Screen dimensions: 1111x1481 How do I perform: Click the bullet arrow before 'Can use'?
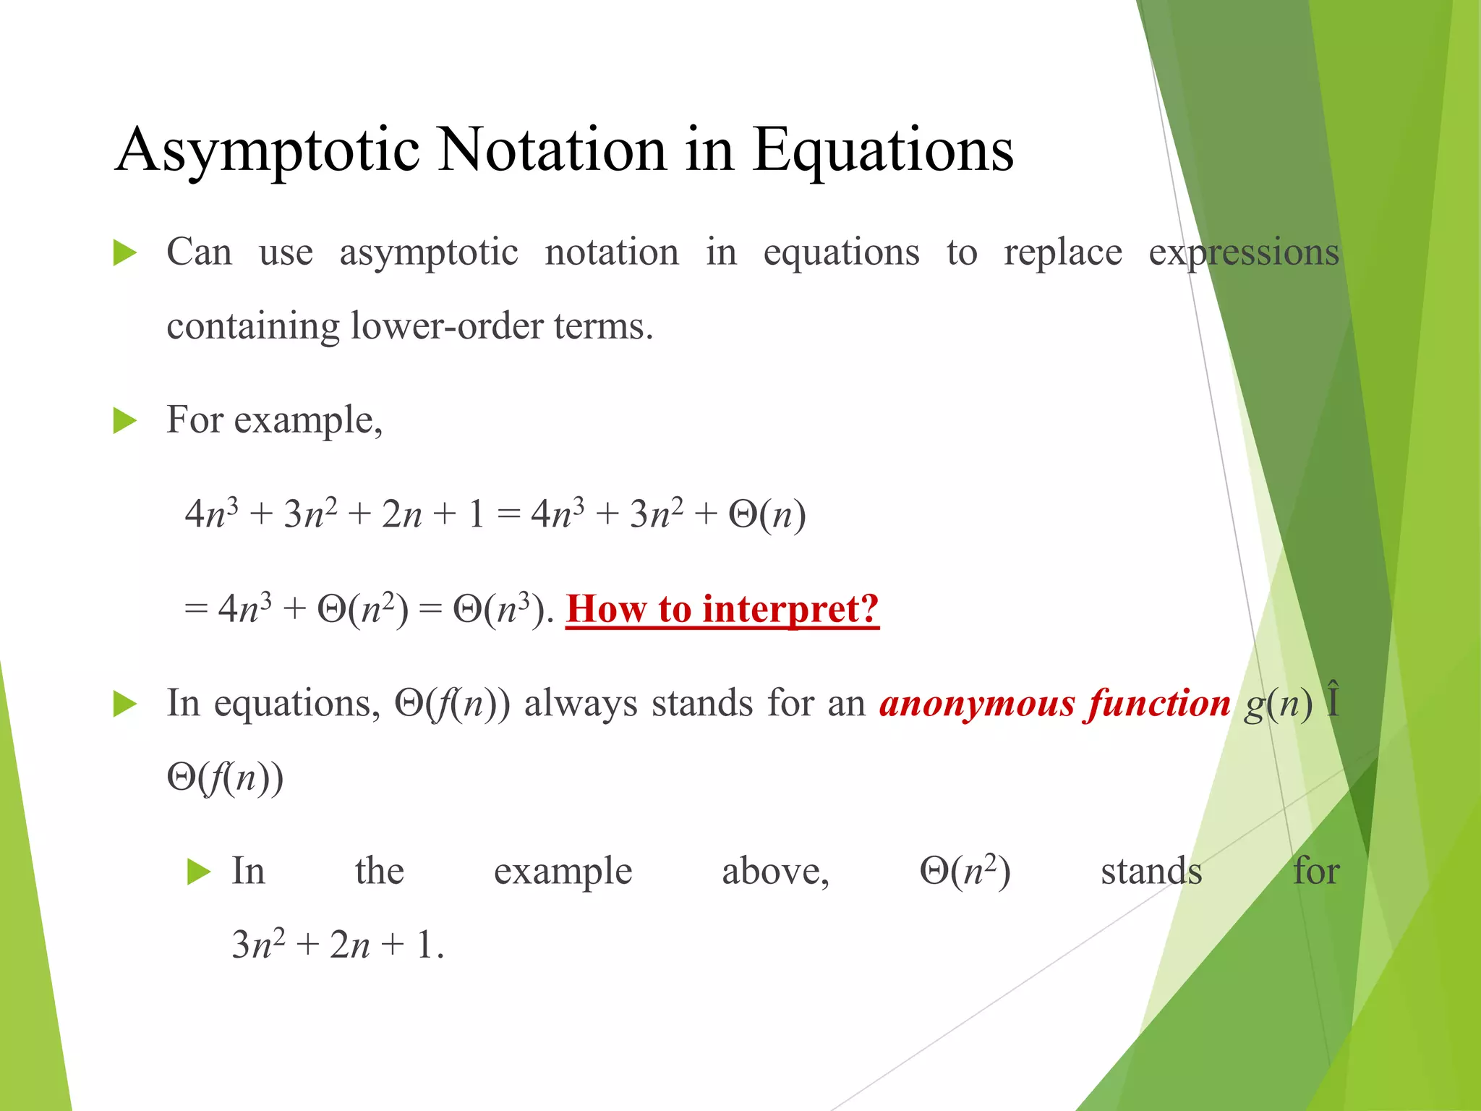point(125,254)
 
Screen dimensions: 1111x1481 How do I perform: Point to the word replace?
point(1062,254)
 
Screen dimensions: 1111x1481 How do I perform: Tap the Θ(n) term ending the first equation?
point(767,515)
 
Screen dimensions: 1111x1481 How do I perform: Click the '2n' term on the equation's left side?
point(401,515)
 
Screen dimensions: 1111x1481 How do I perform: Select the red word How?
point(606,609)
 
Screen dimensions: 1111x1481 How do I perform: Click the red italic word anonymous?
point(976,704)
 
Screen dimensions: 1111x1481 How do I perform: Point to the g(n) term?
point(1278,704)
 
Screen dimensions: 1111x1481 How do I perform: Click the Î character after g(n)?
point(1333,700)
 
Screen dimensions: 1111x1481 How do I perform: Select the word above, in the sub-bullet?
point(775,872)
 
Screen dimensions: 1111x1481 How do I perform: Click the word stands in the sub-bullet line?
point(1151,872)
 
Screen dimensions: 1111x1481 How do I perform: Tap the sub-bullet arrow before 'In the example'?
point(198,872)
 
